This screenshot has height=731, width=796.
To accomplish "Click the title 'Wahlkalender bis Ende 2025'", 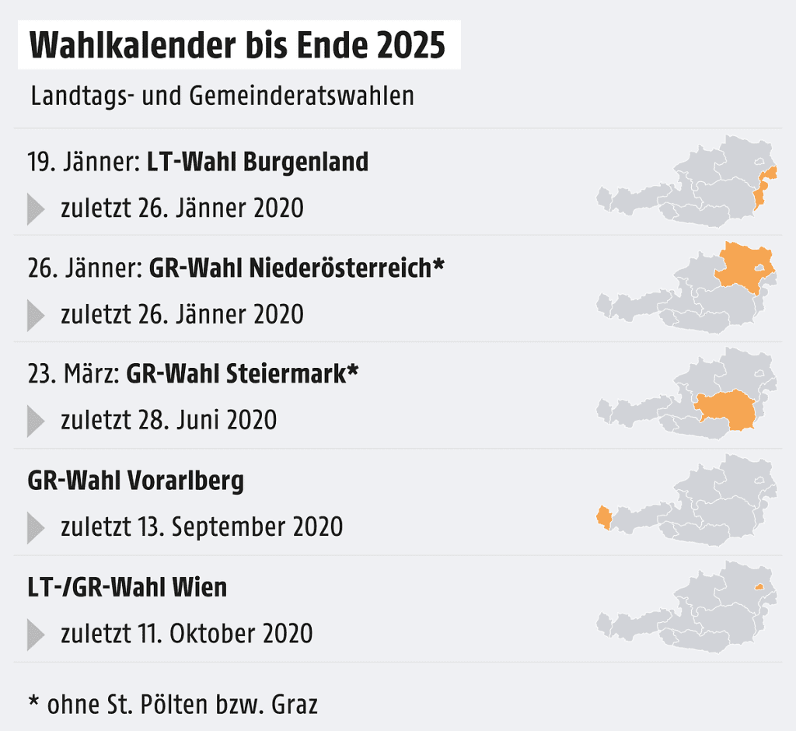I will point(237,46).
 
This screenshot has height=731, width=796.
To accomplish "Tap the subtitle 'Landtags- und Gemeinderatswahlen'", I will point(222,96).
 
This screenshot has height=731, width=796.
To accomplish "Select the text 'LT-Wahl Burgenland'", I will point(257,163).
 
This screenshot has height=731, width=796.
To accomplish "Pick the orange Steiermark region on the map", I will point(728,409).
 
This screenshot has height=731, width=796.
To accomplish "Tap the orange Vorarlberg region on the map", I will point(603,518).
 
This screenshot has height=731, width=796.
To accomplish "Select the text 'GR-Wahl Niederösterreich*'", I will point(297,268).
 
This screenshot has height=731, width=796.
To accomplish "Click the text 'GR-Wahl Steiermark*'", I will point(242,374).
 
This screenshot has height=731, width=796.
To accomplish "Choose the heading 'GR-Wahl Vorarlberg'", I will point(135,481).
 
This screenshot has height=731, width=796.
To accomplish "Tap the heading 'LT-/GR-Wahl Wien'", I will point(127,587).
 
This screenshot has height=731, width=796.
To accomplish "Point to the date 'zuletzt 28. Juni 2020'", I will point(169,420).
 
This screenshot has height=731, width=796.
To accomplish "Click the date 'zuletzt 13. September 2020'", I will point(201,526).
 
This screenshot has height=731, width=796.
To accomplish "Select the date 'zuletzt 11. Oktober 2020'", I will point(187,633).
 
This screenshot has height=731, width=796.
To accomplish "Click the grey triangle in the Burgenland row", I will point(36,209).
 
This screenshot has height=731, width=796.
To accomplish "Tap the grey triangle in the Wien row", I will point(36,634).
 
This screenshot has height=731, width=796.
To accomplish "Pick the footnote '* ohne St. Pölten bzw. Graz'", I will point(173,705).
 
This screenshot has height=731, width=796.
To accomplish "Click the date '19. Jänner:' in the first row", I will point(83,163).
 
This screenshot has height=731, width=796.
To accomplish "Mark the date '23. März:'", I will point(73,374).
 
